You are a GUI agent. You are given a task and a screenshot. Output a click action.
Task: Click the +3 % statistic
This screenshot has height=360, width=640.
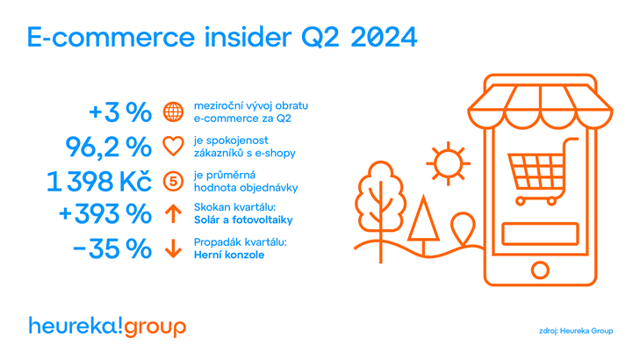coord(120,112)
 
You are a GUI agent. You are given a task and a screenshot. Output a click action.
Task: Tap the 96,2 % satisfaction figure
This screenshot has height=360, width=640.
coord(109,147)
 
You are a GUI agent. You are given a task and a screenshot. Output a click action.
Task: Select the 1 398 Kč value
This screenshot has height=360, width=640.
coord(99,181)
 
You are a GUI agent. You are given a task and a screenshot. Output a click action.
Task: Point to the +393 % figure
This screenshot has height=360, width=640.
coord(105,213)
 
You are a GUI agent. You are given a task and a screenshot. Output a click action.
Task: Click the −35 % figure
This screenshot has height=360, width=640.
coord(111,248)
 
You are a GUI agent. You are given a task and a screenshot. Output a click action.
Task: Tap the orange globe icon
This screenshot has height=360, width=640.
coord(174,112)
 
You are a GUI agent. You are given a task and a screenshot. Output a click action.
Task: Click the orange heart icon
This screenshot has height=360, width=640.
coord(174,147)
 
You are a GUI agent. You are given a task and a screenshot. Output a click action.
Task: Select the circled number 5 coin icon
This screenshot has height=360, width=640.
coord(174,181)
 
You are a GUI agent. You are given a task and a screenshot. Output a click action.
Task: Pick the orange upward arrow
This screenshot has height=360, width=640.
coord(174,213)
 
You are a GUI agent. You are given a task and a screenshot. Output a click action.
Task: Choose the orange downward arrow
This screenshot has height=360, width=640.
coord(174,248)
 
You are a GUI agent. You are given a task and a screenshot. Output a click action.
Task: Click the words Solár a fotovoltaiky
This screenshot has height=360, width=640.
coord(243,220)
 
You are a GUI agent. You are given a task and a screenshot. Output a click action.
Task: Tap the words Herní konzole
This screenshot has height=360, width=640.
coord(229,256)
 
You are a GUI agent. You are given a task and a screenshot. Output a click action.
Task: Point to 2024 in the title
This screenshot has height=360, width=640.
coord(384,37)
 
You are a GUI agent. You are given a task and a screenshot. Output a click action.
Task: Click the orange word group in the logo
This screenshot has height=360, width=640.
coord(155,328)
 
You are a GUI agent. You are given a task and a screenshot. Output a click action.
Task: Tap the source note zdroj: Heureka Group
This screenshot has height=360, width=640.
coord(576,331)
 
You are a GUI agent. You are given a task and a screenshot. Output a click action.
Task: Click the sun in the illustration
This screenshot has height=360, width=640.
coord(448,163)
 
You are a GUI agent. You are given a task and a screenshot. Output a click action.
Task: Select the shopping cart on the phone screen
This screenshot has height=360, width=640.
coord(541,171)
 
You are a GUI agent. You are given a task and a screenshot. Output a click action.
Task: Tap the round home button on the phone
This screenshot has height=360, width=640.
coord(540,270)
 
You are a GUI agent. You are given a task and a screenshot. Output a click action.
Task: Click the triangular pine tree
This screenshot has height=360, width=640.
coord(423,226)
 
